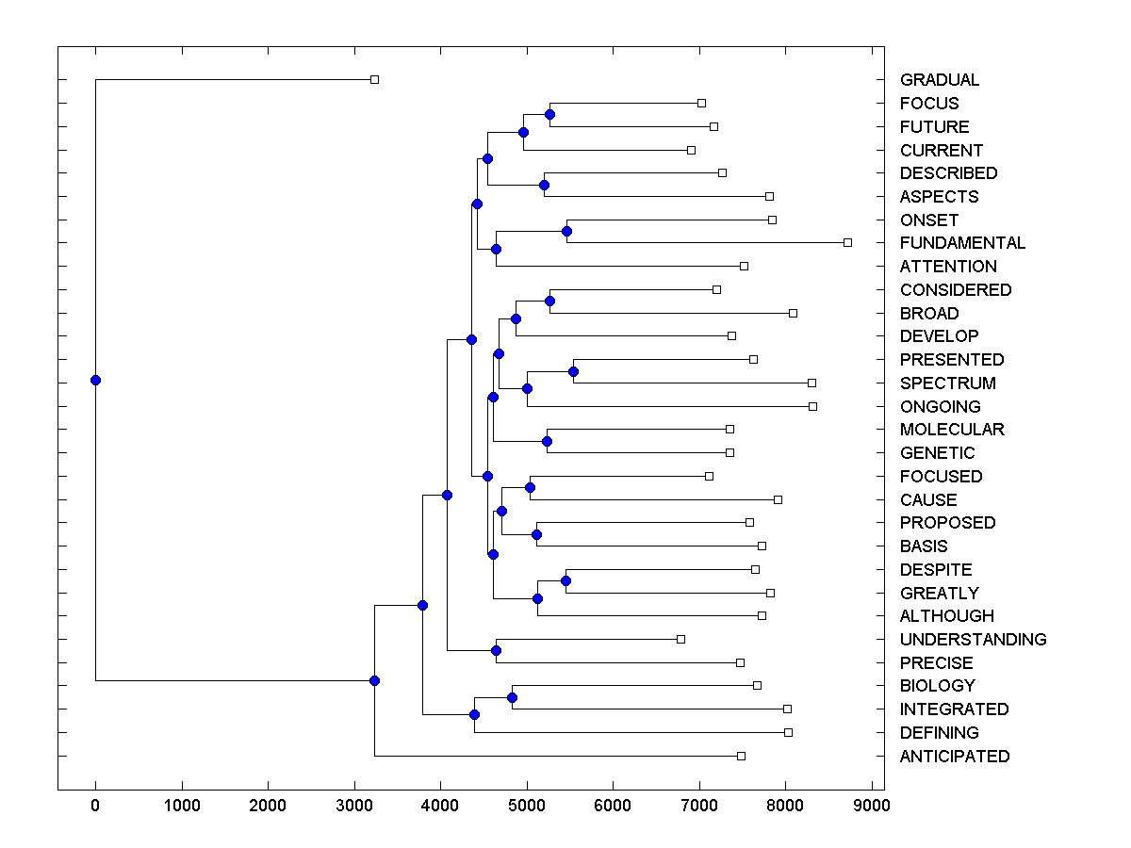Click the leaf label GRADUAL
point(940,80)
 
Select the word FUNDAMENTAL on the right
point(962,243)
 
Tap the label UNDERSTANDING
point(973,640)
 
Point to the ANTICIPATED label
point(954,757)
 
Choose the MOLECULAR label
point(952,430)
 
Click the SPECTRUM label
point(947,383)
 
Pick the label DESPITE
point(935,570)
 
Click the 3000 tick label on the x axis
point(354,807)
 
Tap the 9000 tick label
point(872,807)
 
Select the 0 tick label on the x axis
point(95,807)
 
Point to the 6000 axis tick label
point(613,807)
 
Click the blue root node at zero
point(95,380)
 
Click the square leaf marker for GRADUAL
point(374,79)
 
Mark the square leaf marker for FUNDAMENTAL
point(847,242)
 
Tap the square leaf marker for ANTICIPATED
point(741,756)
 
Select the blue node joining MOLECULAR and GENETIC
point(547,441)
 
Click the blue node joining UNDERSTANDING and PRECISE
point(496,650)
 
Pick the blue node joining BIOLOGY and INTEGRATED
point(512,697)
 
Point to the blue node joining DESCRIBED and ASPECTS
point(544,185)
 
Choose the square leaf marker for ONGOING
point(812,406)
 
